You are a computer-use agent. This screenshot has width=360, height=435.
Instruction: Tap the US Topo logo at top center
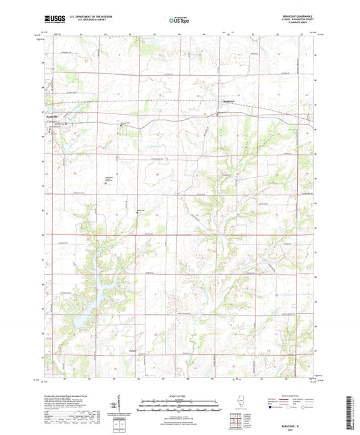point(179,20)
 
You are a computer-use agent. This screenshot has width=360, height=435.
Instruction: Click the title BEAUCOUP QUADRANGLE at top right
point(298,16)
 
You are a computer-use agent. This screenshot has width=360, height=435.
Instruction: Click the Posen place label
point(133,351)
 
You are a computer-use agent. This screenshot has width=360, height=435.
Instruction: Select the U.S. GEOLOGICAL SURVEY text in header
point(83,22)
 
